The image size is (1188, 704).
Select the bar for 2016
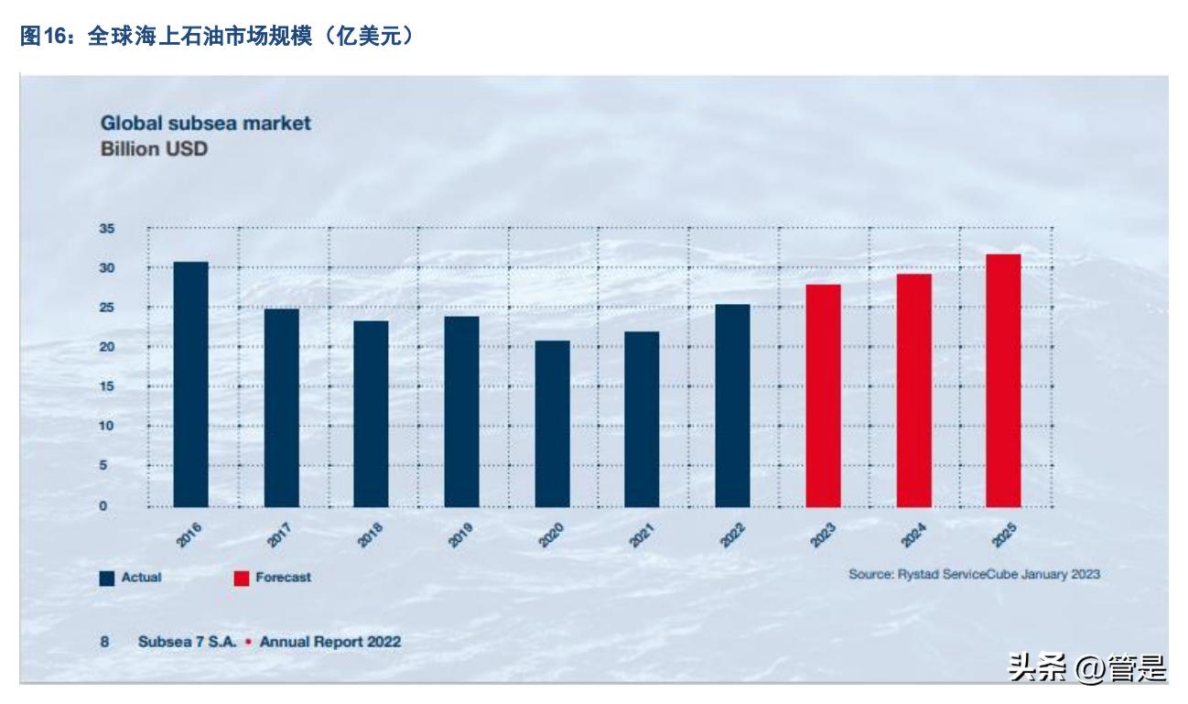tap(190, 384)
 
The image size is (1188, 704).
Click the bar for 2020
tap(552, 424)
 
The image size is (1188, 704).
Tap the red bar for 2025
tap(1003, 381)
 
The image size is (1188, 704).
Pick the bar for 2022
tap(732, 406)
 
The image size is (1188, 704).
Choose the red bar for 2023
tap(823, 395)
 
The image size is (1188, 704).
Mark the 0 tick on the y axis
tap(104, 505)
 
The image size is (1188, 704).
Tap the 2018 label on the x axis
tap(371, 535)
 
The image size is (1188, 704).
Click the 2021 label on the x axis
tap(643, 535)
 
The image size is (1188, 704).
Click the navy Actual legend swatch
tap(107, 579)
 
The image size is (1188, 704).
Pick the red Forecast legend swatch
tap(242, 579)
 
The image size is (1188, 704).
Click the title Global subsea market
tap(205, 123)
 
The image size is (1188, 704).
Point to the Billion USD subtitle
tap(154, 148)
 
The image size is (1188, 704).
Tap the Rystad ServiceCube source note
tap(974, 574)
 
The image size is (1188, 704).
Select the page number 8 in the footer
tap(104, 642)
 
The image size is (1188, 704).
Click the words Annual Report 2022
tap(329, 642)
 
